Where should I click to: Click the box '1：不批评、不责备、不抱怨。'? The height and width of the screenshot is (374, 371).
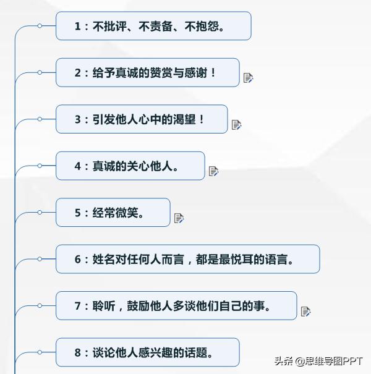pos(153,26)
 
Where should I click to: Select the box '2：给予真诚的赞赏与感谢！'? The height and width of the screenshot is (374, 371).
pos(147,72)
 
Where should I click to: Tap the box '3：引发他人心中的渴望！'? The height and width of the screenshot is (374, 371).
pos(142,119)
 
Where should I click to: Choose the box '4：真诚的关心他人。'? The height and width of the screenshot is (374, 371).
pos(130,166)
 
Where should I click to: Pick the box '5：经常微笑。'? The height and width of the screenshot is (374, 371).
pos(113,213)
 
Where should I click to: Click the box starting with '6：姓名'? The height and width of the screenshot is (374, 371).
pos(187,259)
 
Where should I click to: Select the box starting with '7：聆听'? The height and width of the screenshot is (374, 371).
pos(176,306)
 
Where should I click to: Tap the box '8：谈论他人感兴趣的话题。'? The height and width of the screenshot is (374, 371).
pos(147,352)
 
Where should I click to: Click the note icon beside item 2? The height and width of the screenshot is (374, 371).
pos(248,78)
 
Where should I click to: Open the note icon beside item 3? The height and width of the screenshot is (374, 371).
pos(236,125)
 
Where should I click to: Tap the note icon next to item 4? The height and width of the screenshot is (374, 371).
pos(213,171)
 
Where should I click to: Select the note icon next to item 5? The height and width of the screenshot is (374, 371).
pos(179,218)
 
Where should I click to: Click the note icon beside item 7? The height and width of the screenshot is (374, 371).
pos(305,312)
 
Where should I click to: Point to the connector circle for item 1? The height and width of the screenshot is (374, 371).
pos(40,26)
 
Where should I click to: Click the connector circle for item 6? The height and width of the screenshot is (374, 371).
pos(40,259)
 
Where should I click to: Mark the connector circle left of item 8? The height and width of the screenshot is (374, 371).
pos(40,352)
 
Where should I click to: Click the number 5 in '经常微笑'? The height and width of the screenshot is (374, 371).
pos(78,213)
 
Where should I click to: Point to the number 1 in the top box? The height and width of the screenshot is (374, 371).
pos(78,26)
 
